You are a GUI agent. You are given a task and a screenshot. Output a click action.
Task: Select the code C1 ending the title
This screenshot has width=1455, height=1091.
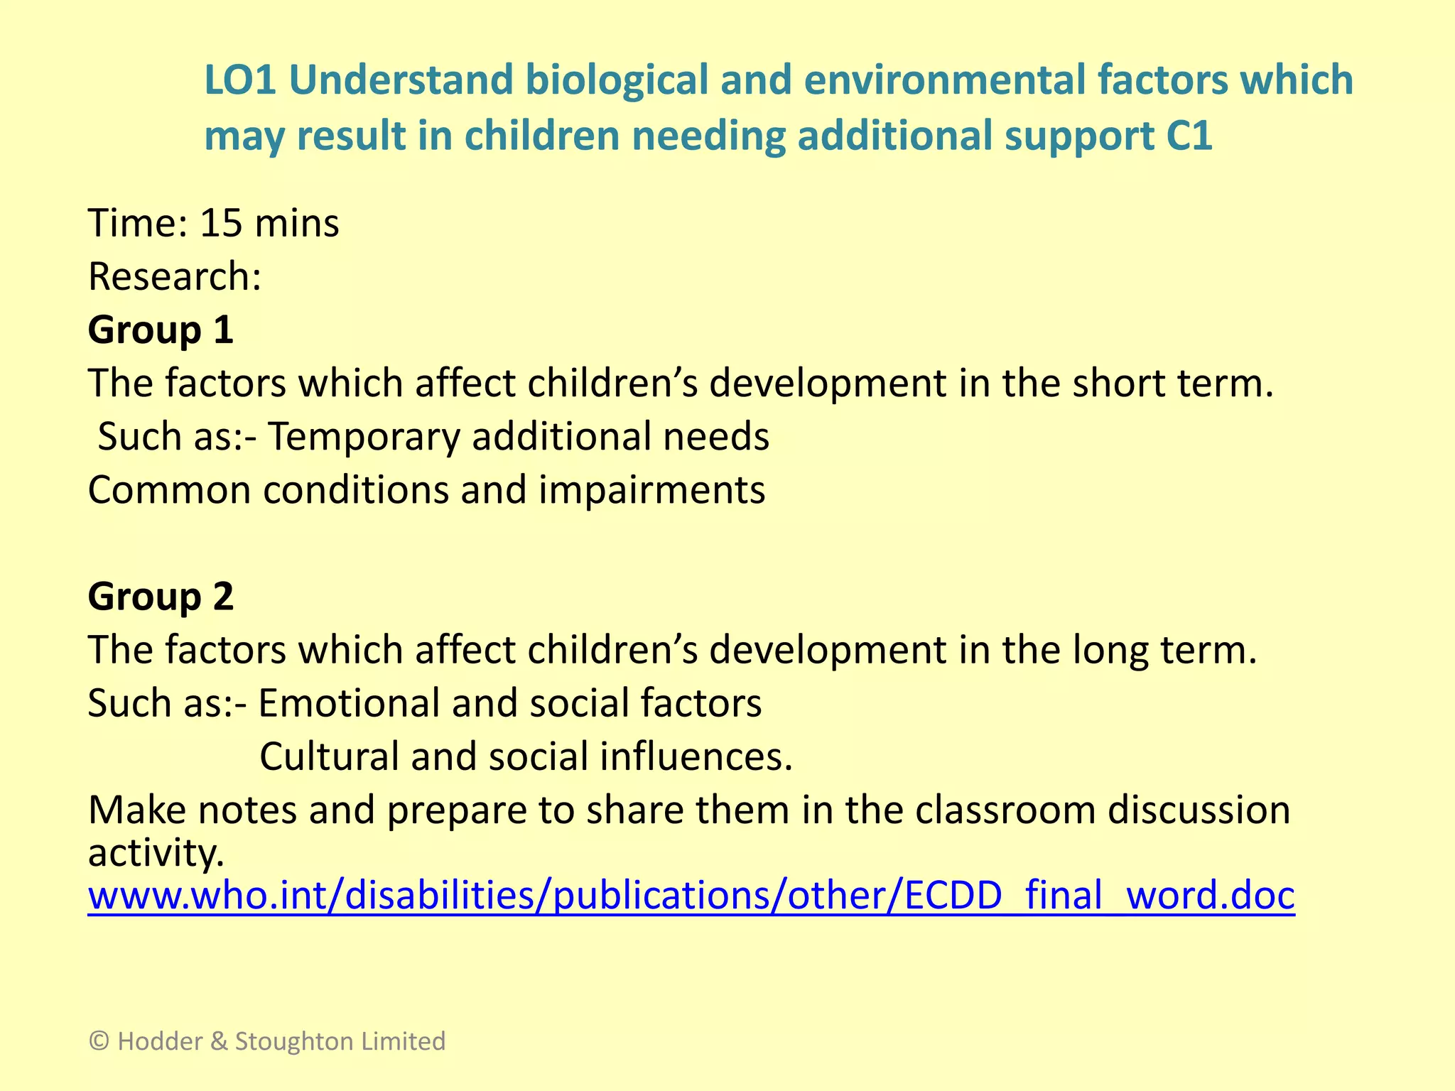pyautogui.click(x=1189, y=136)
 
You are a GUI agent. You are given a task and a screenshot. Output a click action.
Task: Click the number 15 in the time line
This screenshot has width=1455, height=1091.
pyautogui.click(x=221, y=223)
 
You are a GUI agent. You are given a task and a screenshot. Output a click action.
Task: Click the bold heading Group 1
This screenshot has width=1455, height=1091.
pyautogui.click(x=161, y=330)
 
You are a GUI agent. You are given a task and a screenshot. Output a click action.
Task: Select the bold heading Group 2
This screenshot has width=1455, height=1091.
pyautogui.click(x=161, y=597)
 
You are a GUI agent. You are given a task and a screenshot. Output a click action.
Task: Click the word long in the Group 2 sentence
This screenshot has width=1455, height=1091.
pyautogui.click(x=1110, y=650)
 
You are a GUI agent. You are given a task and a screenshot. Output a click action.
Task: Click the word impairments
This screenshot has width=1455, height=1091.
pyautogui.click(x=651, y=490)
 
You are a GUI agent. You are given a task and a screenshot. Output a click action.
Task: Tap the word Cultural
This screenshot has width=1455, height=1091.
pyautogui.click(x=329, y=756)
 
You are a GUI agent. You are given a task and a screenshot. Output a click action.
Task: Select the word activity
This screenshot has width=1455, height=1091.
pyautogui.click(x=156, y=852)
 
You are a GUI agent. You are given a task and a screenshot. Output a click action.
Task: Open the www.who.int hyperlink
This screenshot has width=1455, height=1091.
pyautogui.click(x=691, y=895)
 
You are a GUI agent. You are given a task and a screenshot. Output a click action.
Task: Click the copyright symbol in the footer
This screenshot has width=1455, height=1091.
pyautogui.click(x=99, y=1041)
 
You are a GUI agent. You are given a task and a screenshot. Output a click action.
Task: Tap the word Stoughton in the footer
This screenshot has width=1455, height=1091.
pyautogui.click(x=295, y=1041)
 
